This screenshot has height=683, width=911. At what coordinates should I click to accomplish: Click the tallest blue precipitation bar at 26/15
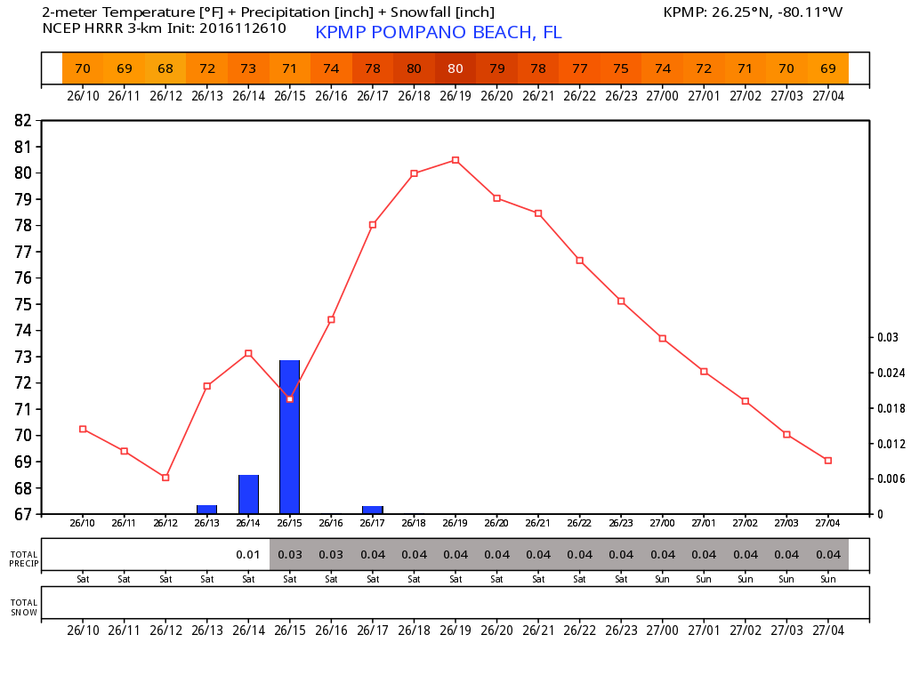pyautogui.click(x=290, y=437)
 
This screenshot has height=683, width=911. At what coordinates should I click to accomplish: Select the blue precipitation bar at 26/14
pyautogui.click(x=248, y=494)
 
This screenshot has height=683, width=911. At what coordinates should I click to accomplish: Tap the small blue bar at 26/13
pyautogui.click(x=207, y=510)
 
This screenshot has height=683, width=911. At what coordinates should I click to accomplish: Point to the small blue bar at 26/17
pyautogui.click(x=373, y=510)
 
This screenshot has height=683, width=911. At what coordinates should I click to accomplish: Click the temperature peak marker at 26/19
pyautogui.click(x=455, y=160)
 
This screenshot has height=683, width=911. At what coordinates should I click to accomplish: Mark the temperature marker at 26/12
pyautogui.click(x=165, y=478)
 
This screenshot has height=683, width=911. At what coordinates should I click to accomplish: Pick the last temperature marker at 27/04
pyautogui.click(x=828, y=461)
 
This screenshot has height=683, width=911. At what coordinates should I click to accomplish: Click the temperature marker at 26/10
pyautogui.click(x=83, y=429)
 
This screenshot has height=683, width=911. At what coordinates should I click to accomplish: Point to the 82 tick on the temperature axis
pyautogui.click(x=24, y=120)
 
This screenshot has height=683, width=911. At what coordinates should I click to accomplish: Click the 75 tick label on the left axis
pyautogui.click(x=24, y=304)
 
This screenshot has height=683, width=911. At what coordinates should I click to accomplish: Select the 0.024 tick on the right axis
pyautogui.click(x=890, y=373)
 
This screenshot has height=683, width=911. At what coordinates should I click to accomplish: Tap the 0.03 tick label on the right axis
pyautogui.click(x=887, y=337)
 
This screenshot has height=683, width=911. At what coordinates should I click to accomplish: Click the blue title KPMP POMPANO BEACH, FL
pyautogui.click(x=439, y=33)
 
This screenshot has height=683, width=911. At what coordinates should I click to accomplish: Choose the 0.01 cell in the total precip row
pyautogui.click(x=248, y=555)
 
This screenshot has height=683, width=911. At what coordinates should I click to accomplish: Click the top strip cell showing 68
pyautogui.click(x=165, y=68)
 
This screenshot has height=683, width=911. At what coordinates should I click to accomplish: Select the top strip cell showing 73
pyautogui.click(x=248, y=68)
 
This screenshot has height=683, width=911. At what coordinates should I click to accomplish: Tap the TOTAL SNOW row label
pyautogui.click(x=24, y=607)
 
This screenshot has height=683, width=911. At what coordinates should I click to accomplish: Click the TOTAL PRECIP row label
pyautogui.click(x=24, y=558)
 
